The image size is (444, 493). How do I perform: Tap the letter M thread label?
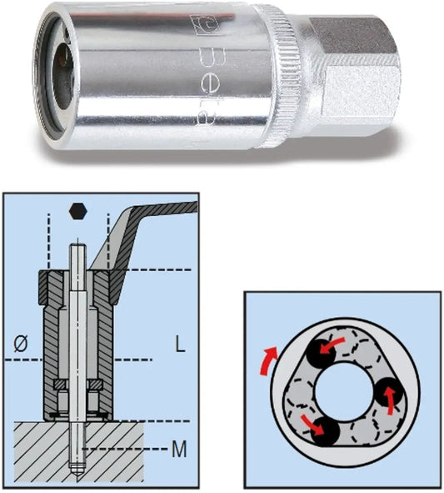(179, 449)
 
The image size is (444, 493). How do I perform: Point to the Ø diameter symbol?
(21, 344)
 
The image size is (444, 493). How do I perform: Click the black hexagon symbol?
(78, 211)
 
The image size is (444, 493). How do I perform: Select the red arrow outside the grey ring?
(267, 361)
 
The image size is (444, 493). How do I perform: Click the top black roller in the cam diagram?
(321, 354)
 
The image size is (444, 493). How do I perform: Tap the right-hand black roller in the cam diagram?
(389, 392)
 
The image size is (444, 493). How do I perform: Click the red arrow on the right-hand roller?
(390, 400)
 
